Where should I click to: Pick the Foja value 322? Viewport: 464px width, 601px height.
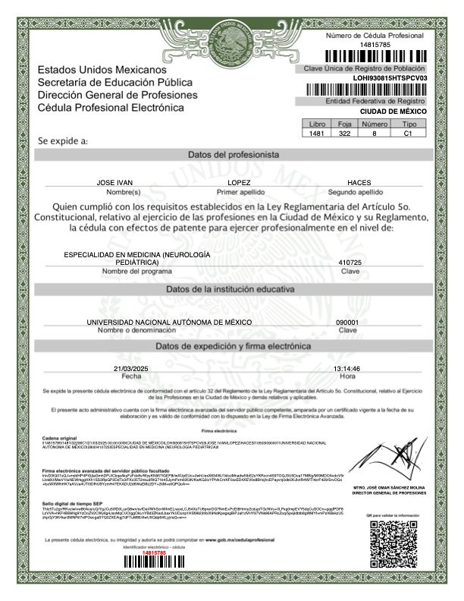pyautogui.click(x=344, y=133)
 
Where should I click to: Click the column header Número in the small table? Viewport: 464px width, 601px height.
pyautogui.click(x=375, y=124)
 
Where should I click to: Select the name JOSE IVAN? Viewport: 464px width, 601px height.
pyautogui.click(x=121, y=184)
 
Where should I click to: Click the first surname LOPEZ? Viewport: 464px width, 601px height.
pyautogui.click(x=239, y=184)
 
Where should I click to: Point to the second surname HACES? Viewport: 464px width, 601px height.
pyautogui.click(x=359, y=184)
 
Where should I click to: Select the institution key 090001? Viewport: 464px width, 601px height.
pyautogui.click(x=347, y=322)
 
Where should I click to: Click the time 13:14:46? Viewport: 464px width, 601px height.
pyautogui.click(x=346, y=368)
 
